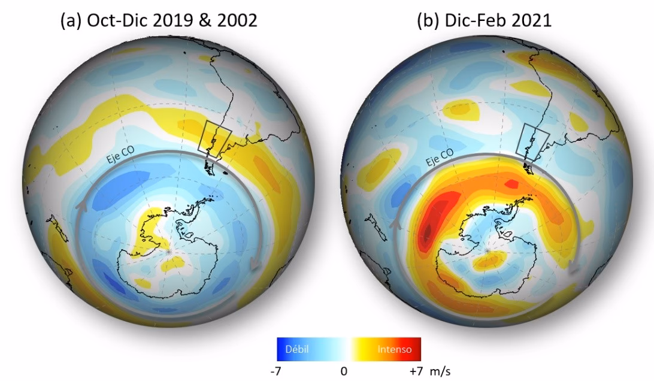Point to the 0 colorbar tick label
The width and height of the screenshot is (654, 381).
(344, 371)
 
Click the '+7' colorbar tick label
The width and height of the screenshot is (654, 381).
(417, 371)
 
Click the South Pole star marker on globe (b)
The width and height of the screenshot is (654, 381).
(489, 248)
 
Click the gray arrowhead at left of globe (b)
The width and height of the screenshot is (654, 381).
(396, 223)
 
